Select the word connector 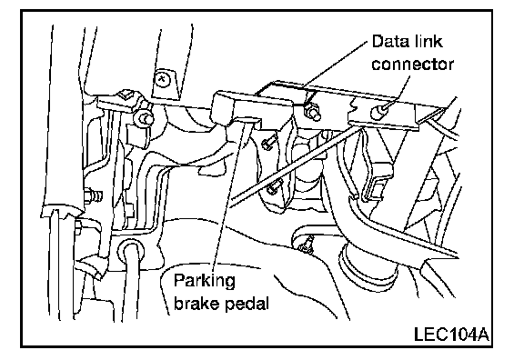[x=413, y=65]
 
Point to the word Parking [x=205, y=282]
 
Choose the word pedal [x=247, y=304]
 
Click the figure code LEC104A [x=451, y=335]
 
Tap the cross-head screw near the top [x=163, y=79]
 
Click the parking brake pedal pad [x=252, y=106]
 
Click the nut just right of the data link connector [x=312, y=112]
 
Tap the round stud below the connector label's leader [x=377, y=111]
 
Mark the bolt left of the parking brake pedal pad [x=145, y=117]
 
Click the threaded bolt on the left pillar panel [x=93, y=196]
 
